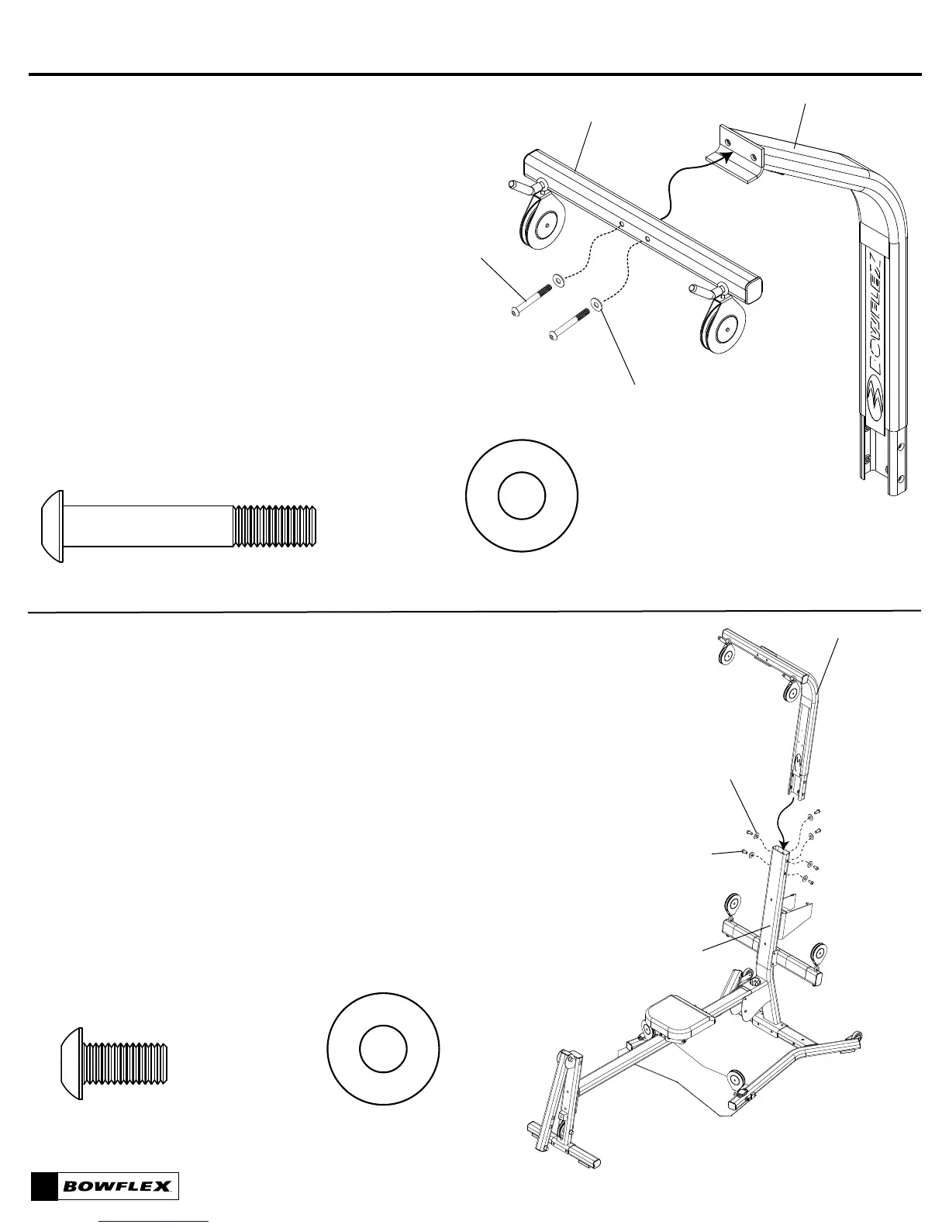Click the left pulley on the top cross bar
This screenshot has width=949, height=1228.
pos(544,222)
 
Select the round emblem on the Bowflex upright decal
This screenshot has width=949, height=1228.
pos(877,391)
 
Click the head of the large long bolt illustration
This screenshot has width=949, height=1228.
pos(51,524)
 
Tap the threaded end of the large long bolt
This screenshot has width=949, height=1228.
pos(276,526)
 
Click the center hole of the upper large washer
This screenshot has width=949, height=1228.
pos(522,496)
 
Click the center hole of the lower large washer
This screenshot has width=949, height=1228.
pos(384,1050)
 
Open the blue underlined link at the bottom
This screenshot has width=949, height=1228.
pos(155,1222)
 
